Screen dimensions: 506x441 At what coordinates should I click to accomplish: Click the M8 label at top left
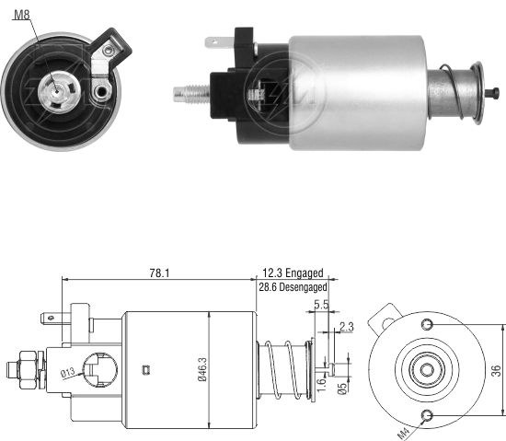pos(22,15)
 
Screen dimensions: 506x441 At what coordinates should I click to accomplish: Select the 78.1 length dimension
pos(159,273)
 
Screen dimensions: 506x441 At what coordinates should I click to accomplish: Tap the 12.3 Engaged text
pos(293,273)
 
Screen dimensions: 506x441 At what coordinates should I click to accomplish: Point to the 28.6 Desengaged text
pos(293,286)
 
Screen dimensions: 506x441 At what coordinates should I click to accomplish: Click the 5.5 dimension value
pos(321,305)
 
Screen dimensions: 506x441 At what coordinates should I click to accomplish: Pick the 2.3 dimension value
pos(347,327)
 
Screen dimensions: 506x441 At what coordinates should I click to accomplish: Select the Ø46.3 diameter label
pos(202,369)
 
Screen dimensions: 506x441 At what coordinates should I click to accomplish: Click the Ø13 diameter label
pos(68,373)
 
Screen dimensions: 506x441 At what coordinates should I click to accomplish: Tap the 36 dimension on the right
pos(496,370)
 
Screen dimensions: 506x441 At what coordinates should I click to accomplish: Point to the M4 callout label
pos(403,433)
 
